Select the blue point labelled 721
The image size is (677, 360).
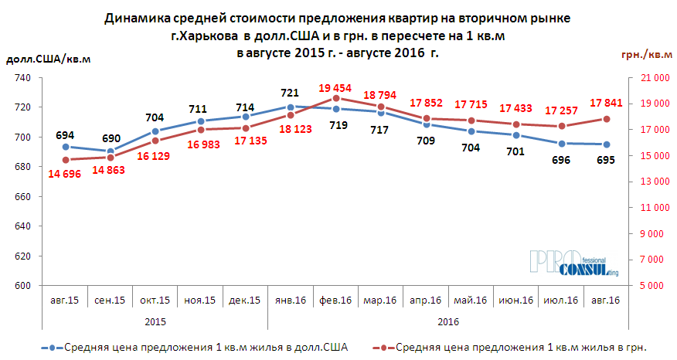point(290,107)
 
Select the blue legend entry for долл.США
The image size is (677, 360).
point(193,347)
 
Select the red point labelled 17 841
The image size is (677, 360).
point(607,119)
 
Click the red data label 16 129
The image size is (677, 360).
point(155,155)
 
